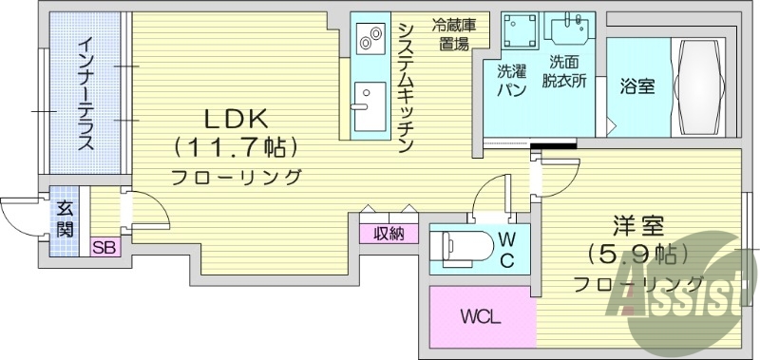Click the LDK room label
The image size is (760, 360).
236,119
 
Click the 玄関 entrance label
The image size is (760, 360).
65,219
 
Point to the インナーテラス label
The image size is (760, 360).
85,94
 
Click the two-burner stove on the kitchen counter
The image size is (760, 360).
367,39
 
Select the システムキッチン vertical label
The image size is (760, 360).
405,86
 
